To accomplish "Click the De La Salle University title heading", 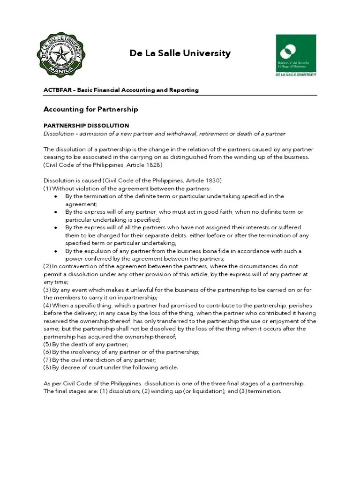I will pos(180,53).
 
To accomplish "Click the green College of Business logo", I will pos(295,55).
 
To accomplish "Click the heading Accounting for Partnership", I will pos(90,109).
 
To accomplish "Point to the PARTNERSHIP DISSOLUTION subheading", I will pos(86,126).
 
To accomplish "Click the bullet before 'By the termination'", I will pos(56,196).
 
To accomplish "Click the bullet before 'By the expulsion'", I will pos(56,251).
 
